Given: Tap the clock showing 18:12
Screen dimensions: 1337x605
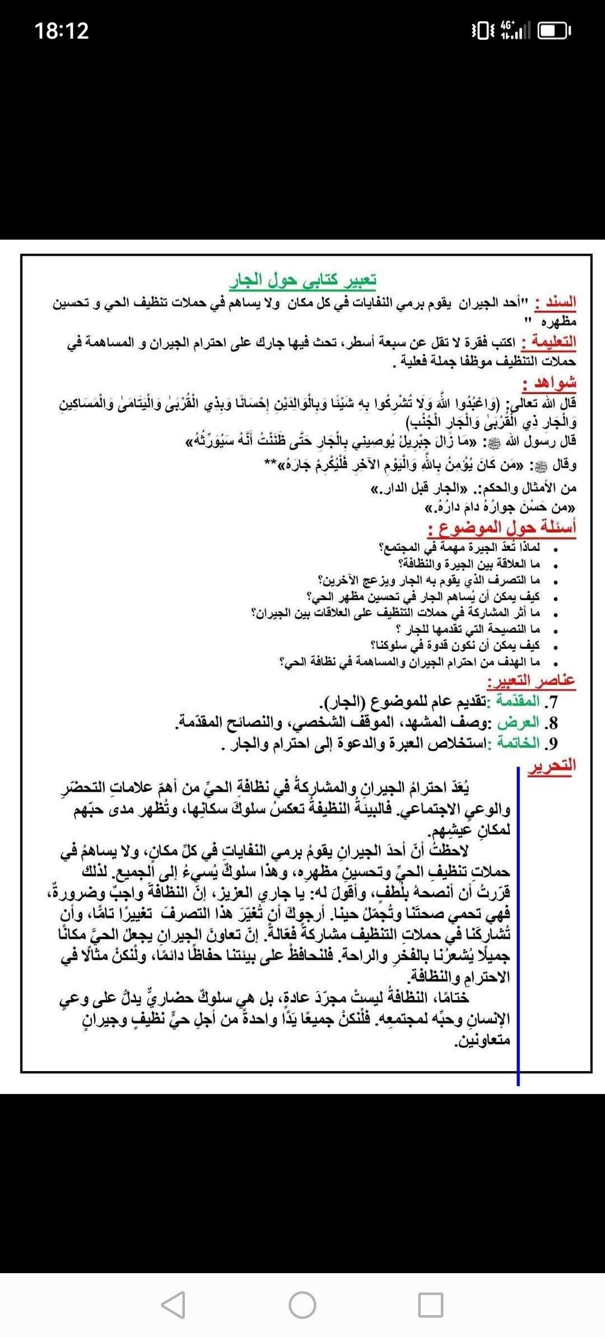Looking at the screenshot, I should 62,30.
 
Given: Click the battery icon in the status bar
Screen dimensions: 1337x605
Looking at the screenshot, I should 553,31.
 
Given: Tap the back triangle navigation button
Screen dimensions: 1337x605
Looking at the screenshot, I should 173,1305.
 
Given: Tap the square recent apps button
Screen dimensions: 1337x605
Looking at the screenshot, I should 431,1305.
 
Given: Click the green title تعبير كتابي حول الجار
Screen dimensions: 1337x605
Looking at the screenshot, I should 303,279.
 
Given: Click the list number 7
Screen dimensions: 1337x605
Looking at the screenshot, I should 553,702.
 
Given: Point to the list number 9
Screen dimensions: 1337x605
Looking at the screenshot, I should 553,744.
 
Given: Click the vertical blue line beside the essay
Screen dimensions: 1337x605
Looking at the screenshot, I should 518,924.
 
